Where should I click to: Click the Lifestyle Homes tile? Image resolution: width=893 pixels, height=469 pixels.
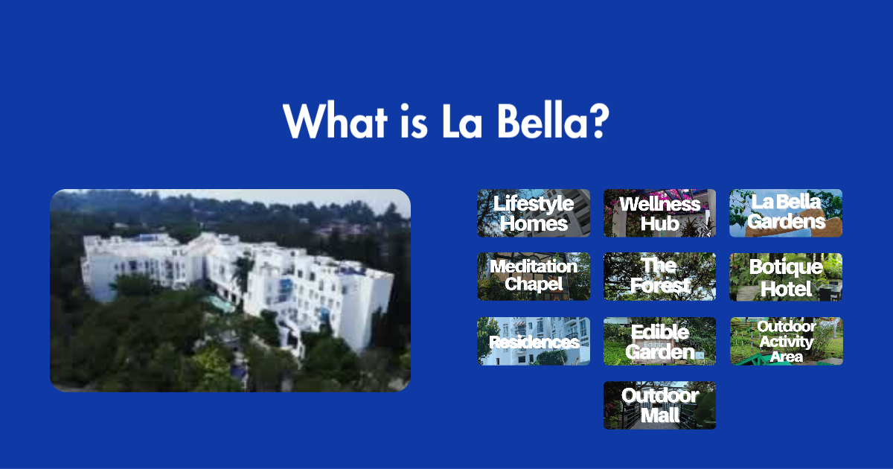tap(534, 213)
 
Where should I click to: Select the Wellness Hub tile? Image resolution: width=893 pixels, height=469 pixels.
tap(659, 213)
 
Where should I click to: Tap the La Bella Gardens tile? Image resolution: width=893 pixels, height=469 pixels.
tap(786, 213)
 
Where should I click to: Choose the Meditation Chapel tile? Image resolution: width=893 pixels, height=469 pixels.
tap(534, 276)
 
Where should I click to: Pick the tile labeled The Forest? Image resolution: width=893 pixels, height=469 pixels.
tap(659, 276)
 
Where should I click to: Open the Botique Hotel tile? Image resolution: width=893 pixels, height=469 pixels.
tap(786, 276)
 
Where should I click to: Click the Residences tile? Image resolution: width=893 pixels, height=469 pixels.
tap(534, 342)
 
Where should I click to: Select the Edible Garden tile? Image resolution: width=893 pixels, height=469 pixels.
tap(659, 342)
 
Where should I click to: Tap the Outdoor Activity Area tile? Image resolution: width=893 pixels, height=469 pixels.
tap(786, 342)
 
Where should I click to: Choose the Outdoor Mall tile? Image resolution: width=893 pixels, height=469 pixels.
tap(659, 406)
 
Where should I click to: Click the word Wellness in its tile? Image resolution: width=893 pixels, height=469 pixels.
tap(659, 204)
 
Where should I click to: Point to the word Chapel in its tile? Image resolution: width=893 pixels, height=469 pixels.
tap(534, 284)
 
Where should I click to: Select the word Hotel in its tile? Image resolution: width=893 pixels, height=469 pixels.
tap(786, 288)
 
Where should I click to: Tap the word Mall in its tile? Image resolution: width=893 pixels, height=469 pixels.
tap(659, 415)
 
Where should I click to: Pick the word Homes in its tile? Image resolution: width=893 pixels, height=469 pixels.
tap(534, 223)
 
